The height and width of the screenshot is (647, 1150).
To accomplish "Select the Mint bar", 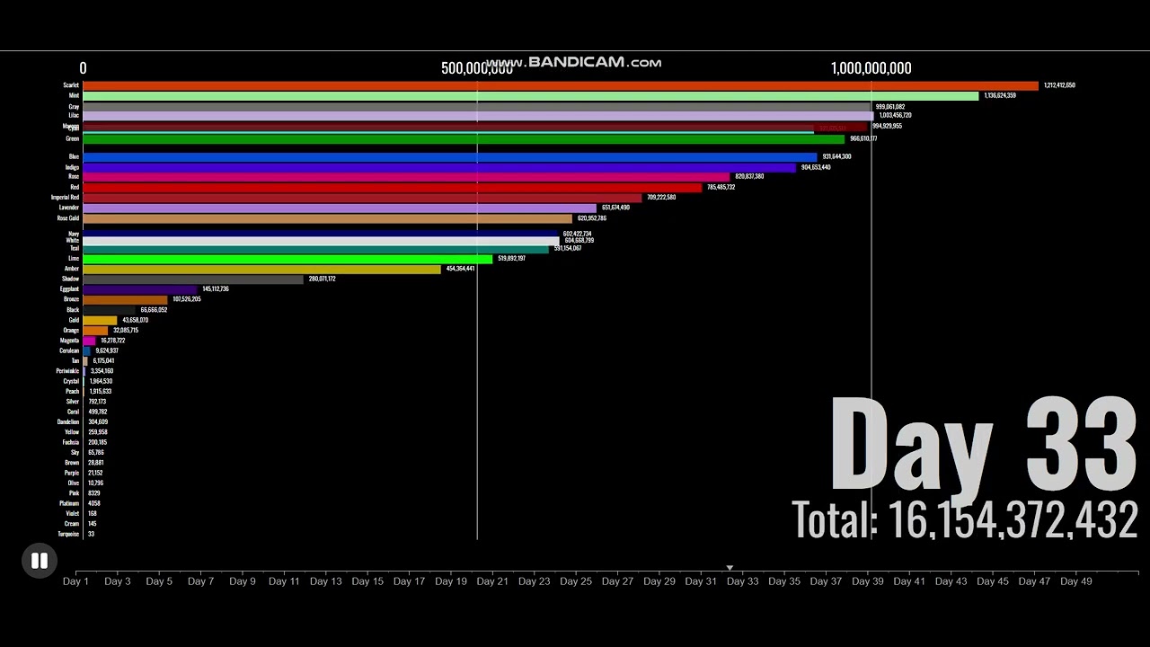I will click(x=530, y=95).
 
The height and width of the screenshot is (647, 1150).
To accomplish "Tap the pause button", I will click(x=40, y=561).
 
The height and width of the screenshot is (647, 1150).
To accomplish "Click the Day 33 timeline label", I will click(x=742, y=581).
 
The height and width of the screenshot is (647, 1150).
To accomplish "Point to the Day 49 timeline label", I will click(x=1075, y=581).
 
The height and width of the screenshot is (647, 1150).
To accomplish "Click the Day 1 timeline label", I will click(x=75, y=581).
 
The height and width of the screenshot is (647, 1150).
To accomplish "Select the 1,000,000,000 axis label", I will click(x=871, y=68).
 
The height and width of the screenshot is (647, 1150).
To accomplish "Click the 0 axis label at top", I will click(x=83, y=68).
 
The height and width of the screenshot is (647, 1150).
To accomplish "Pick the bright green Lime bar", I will click(x=287, y=259).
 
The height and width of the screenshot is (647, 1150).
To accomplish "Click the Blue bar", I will click(x=449, y=157).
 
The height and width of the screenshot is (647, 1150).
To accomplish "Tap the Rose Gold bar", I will click(x=327, y=218).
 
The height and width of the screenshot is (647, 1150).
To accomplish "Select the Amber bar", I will click(x=261, y=269).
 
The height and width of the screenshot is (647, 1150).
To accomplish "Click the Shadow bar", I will click(x=193, y=279).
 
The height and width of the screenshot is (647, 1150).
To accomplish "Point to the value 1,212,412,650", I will click(x=1059, y=85).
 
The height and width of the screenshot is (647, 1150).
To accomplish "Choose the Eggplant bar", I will click(x=139, y=289).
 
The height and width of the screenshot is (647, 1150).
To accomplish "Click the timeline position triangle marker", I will click(x=730, y=568).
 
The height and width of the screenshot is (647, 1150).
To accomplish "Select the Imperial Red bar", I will click(x=362, y=198).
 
